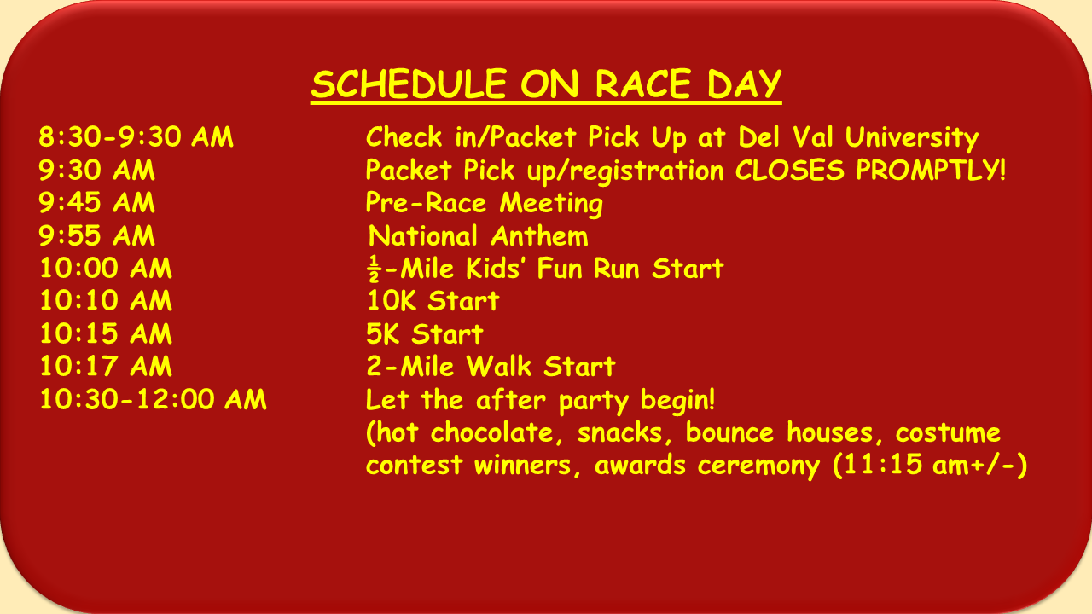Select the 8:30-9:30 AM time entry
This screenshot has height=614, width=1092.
pos(136,136)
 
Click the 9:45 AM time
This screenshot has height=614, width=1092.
pos(96,202)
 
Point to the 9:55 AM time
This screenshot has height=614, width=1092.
pos(96,235)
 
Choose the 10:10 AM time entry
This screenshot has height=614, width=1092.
pos(106,300)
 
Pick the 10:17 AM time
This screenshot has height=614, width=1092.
pos(106,366)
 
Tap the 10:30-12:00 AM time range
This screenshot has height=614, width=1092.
pos(153,399)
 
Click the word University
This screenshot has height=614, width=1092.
pos(912,137)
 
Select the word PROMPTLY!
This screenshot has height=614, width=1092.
pos(931,170)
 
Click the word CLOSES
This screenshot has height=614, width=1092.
pos(789,170)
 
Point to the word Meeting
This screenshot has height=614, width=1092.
pos(551,204)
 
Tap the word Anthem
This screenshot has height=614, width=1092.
pos(539,236)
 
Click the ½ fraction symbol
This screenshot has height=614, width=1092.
pos(374,269)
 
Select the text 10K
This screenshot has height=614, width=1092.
pos(392,300)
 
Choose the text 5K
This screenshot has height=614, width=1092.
pos(383,333)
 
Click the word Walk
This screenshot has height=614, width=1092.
pos(499,366)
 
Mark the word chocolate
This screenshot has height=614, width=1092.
pos(497,432)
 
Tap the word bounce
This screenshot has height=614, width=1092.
pos(729,432)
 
